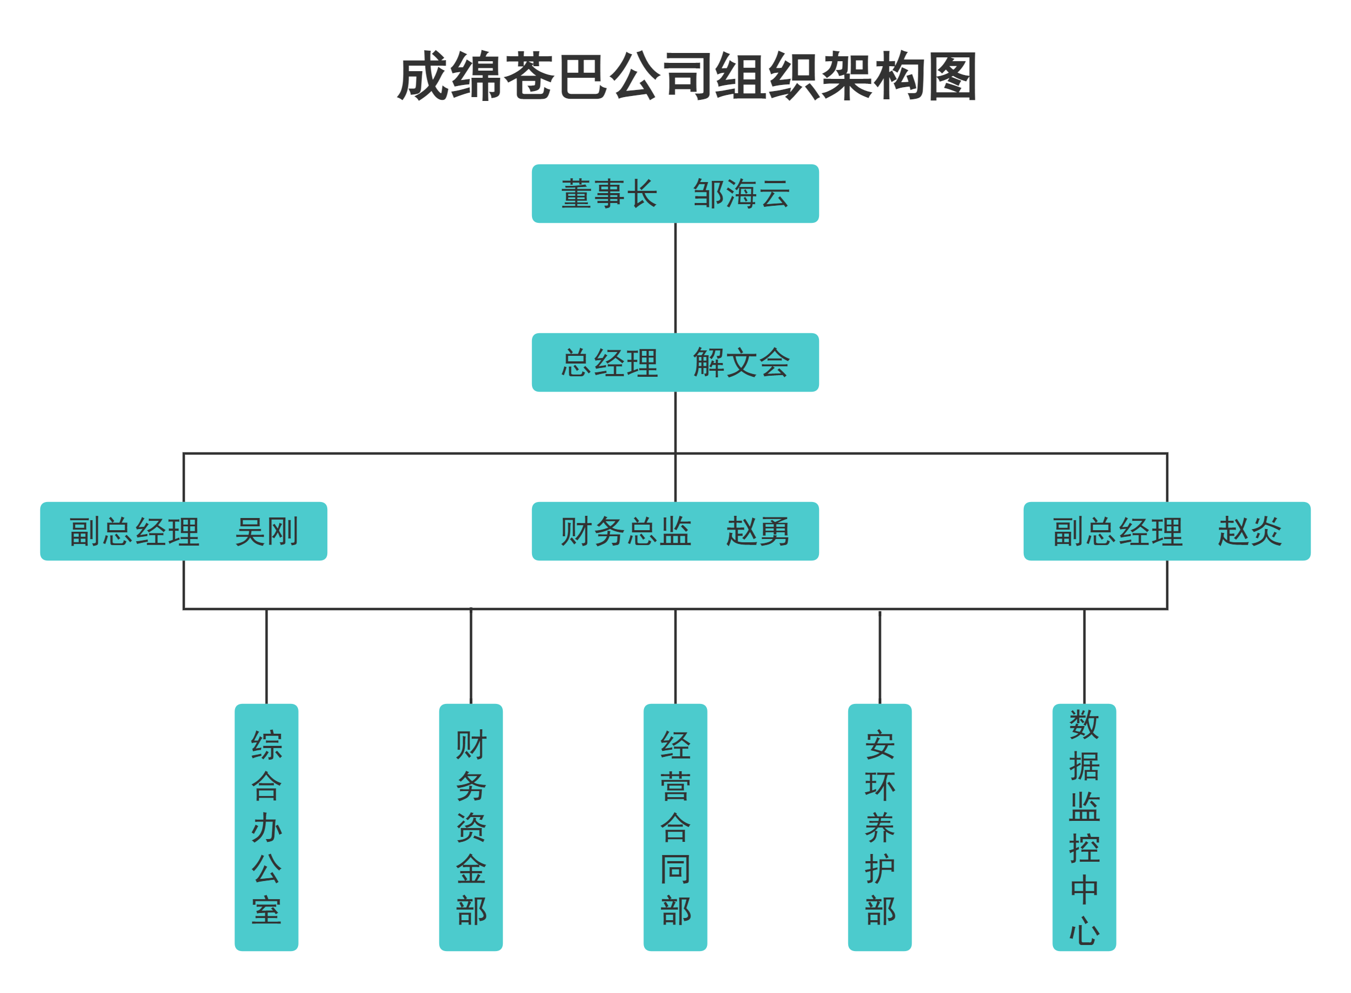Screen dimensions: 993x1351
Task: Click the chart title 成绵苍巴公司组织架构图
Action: pos(687,76)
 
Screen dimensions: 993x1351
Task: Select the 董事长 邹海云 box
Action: pos(674,194)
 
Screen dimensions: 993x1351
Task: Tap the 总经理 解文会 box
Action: pos(674,362)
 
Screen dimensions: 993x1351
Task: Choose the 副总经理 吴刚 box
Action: pos(183,531)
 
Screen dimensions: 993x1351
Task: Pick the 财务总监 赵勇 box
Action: pos(674,531)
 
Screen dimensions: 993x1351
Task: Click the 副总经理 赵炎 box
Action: pos(1167,531)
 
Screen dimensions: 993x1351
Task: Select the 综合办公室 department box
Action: pos(267,827)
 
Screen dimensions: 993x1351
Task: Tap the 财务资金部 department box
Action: pos(471,827)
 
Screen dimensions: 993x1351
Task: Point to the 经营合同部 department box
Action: pos(675,827)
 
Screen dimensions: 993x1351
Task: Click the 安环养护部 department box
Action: pos(880,827)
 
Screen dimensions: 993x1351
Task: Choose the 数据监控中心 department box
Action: pos(1084,827)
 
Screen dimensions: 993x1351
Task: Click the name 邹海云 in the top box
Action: pos(741,194)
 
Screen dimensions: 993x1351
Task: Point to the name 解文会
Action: pos(741,362)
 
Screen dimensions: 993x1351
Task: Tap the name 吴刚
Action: pos(267,531)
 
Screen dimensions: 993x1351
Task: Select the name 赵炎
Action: pos(1249,531)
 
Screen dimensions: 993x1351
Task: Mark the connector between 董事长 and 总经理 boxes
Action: pos(675,277)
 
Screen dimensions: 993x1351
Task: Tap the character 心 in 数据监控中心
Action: pos(1084,931)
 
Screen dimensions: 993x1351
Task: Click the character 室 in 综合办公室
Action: pos(267,911)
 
